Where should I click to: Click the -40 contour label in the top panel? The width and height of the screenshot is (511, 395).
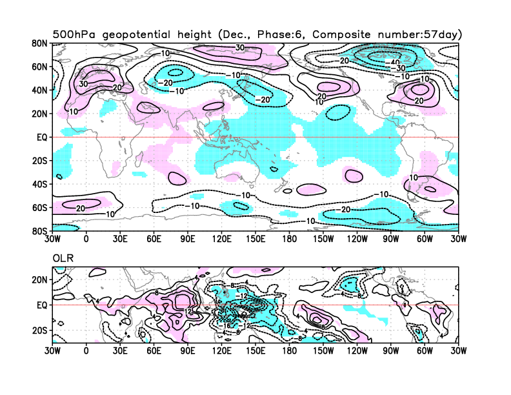[396, 63]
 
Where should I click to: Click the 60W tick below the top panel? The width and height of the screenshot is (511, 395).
[425, 238]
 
